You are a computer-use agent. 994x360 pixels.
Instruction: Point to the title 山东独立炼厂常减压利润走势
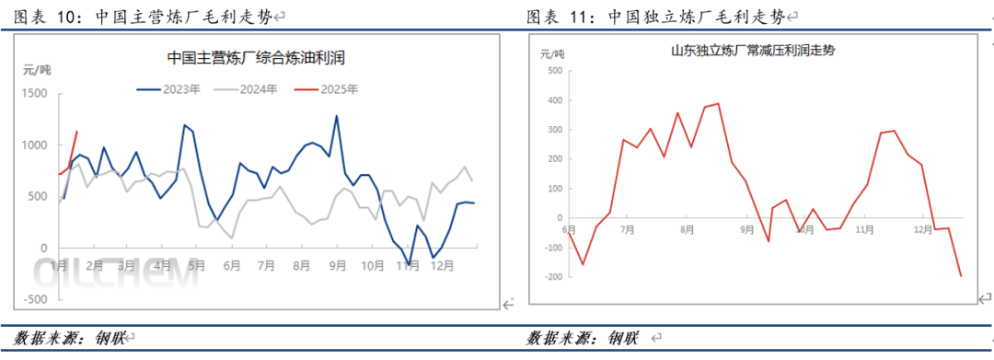click(753, 52)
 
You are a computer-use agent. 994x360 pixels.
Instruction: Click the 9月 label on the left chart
click(337, 265)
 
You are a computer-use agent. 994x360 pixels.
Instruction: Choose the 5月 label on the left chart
click(196, 265)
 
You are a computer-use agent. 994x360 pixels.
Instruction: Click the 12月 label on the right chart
click(921, 229)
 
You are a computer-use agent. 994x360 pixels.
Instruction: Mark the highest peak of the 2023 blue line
click(336, 116)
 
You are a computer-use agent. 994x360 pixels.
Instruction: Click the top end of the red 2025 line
click(76, 132)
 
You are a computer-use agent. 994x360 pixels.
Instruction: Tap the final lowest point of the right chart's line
click(960, 275)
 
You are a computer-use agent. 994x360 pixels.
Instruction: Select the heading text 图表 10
click(47, 17)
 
